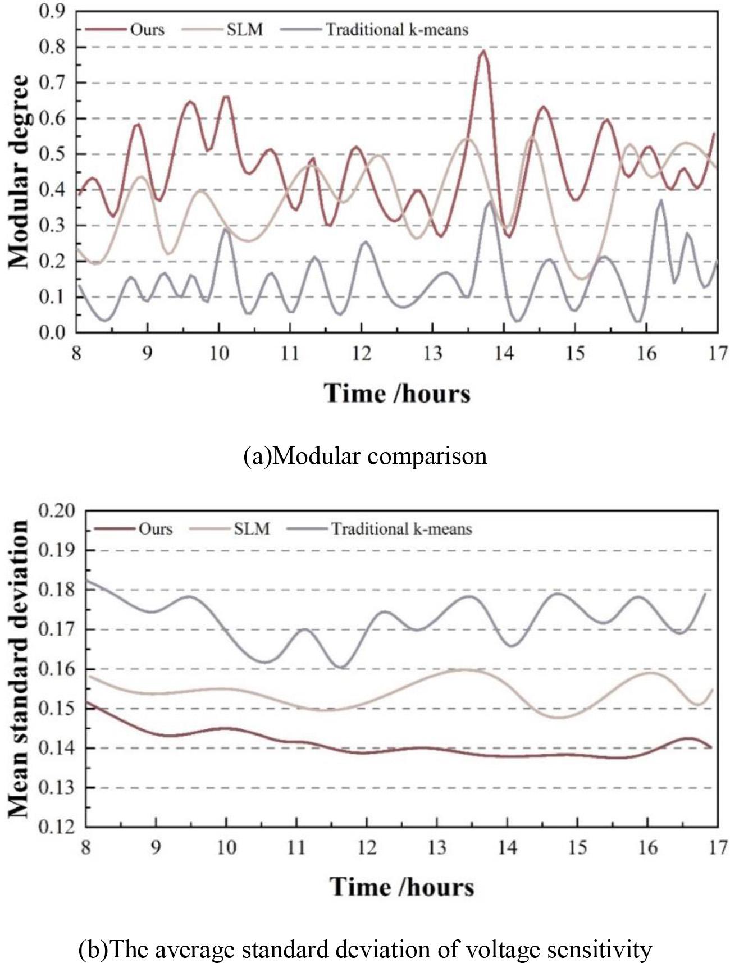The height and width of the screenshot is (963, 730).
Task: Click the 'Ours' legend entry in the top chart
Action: pos(147,29)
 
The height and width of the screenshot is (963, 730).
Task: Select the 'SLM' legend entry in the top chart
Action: pos(244,29)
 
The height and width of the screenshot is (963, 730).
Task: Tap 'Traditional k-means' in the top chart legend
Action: pos(397,29)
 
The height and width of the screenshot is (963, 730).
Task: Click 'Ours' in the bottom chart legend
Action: pos(156,529)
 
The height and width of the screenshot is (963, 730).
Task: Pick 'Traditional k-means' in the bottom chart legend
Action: pos(401,529)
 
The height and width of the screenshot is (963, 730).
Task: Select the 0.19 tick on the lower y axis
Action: pos(56,550)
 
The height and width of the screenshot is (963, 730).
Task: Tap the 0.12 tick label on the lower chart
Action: pos(56,827)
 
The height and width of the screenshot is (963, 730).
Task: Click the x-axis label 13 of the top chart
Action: pos(432,354)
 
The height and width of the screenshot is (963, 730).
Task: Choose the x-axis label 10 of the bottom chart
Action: pos(226,847)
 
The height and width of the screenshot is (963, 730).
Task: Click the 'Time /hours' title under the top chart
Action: pos(396,393)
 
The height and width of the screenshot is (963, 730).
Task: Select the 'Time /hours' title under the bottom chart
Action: pos(401,887)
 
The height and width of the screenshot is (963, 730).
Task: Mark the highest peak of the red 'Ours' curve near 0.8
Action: pos(482,51)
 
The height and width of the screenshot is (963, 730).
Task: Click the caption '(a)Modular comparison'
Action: pos(365,455)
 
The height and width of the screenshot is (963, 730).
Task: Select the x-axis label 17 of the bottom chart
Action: pos(718,847)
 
